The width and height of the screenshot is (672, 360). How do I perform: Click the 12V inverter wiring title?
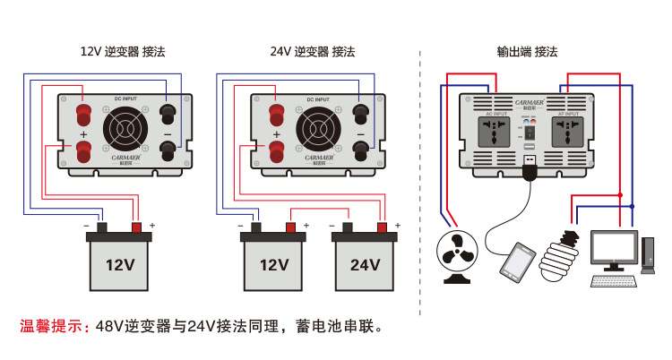123,52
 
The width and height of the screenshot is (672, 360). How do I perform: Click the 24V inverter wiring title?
313,52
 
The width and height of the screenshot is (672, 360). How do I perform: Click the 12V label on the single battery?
120,265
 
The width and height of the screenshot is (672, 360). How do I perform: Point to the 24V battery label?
364,265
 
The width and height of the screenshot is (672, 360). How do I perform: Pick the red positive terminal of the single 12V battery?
137,227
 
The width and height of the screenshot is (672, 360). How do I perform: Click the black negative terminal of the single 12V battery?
101,227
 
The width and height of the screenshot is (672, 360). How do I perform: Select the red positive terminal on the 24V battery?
383,227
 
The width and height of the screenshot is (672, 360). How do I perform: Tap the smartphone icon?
517,261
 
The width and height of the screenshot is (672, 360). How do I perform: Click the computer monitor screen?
614,248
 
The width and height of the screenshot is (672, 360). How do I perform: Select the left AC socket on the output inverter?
495,134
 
